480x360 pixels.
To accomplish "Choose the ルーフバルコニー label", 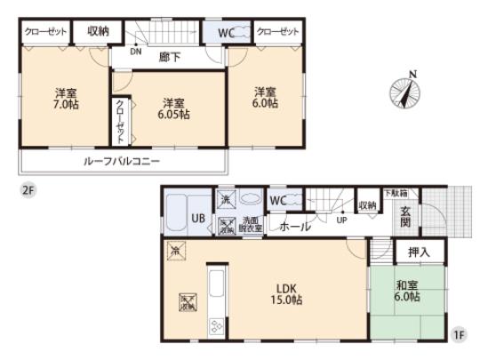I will [124, 162].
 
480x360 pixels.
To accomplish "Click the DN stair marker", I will [134, 51].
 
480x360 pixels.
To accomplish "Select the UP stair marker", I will [341, 220].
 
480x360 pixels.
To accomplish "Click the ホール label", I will [295, 227].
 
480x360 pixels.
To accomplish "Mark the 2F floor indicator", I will [29, 190].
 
